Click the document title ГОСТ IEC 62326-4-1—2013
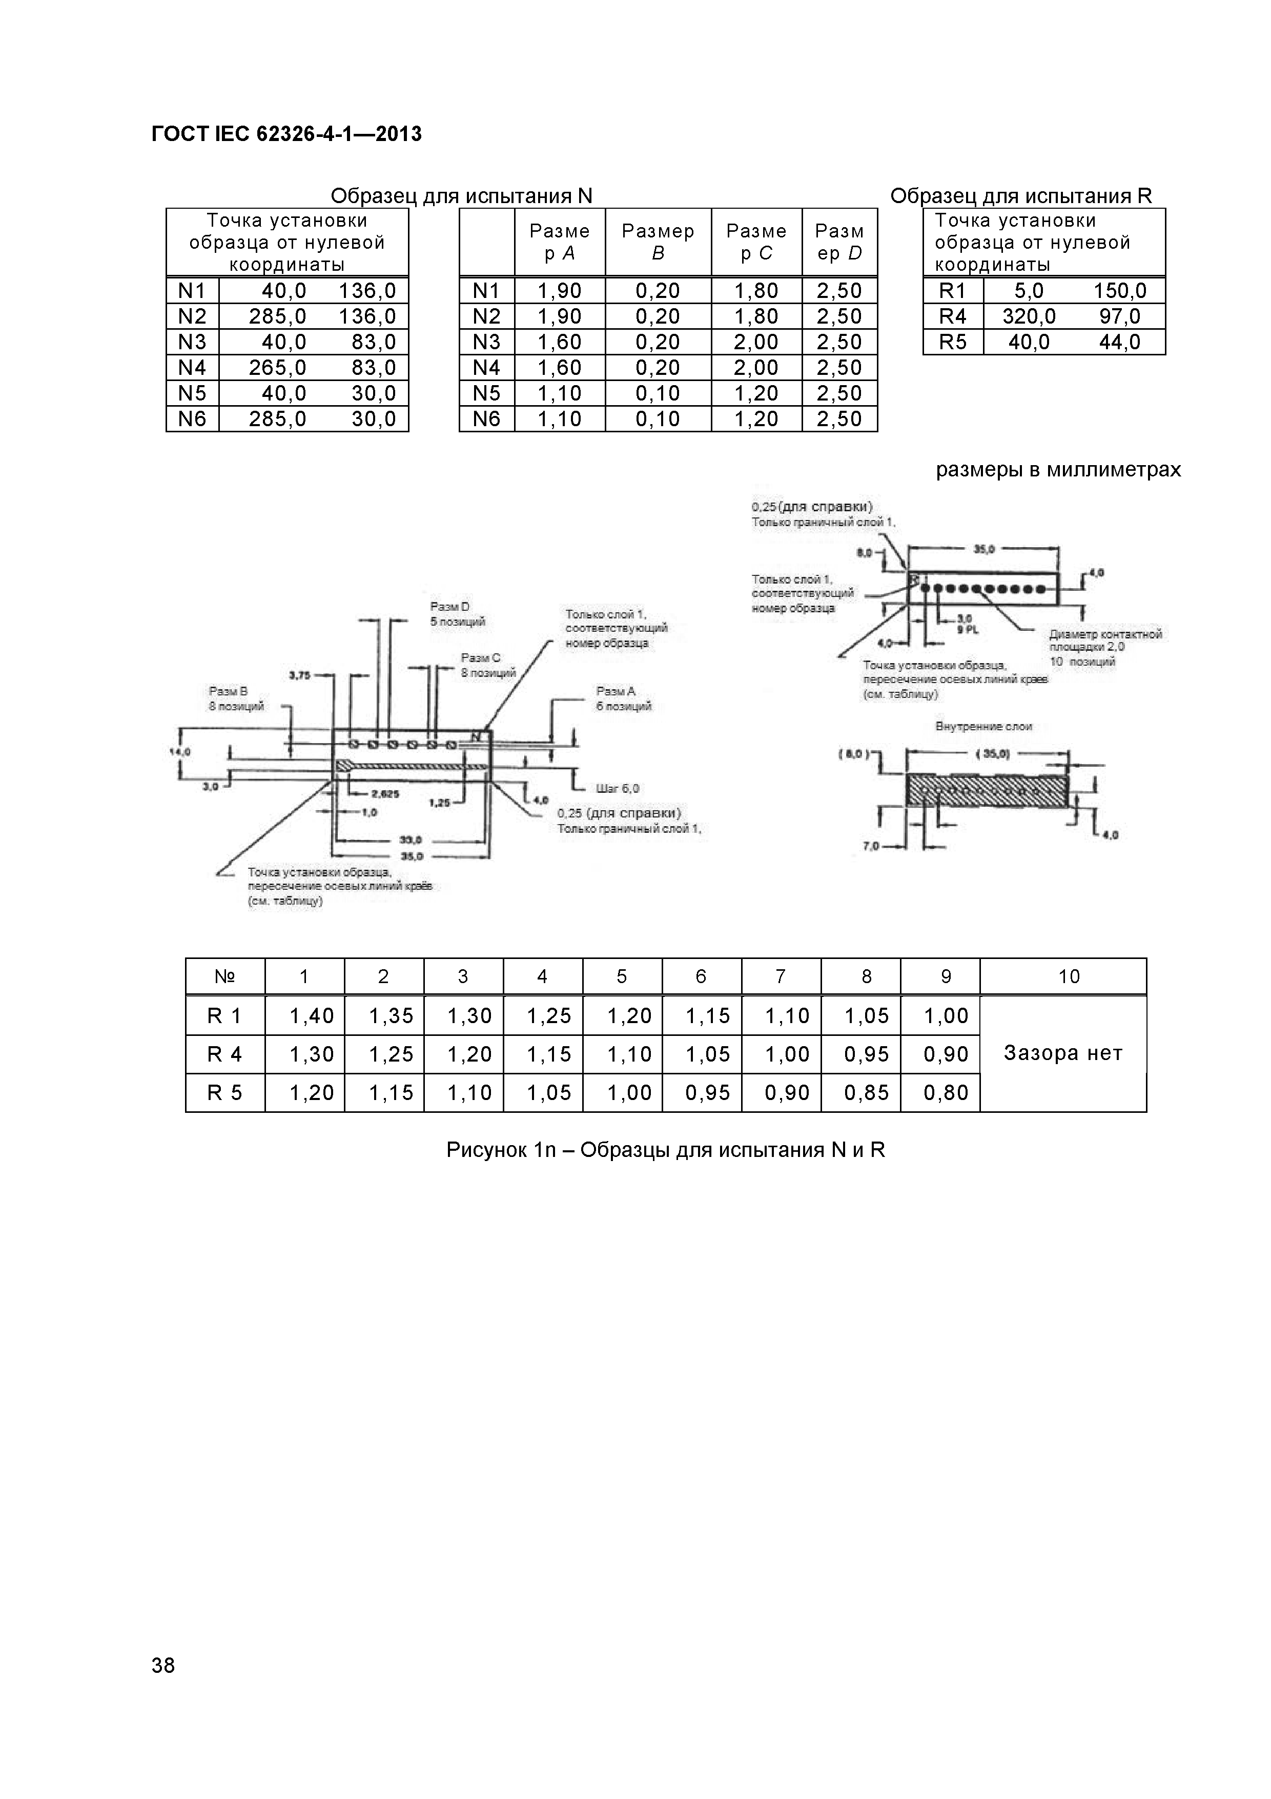coord(286,134)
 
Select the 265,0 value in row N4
coord(277,368)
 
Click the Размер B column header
coord(658,242)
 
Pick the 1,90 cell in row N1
coord(559,291)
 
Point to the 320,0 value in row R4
coord(1028,316)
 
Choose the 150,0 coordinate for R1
coord(1120,291)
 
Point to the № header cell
coord(225,976)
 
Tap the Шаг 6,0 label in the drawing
coord(618,788)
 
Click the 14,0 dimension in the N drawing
coord(181,751)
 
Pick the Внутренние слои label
coord(983,726)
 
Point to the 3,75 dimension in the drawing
coord(300,675)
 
